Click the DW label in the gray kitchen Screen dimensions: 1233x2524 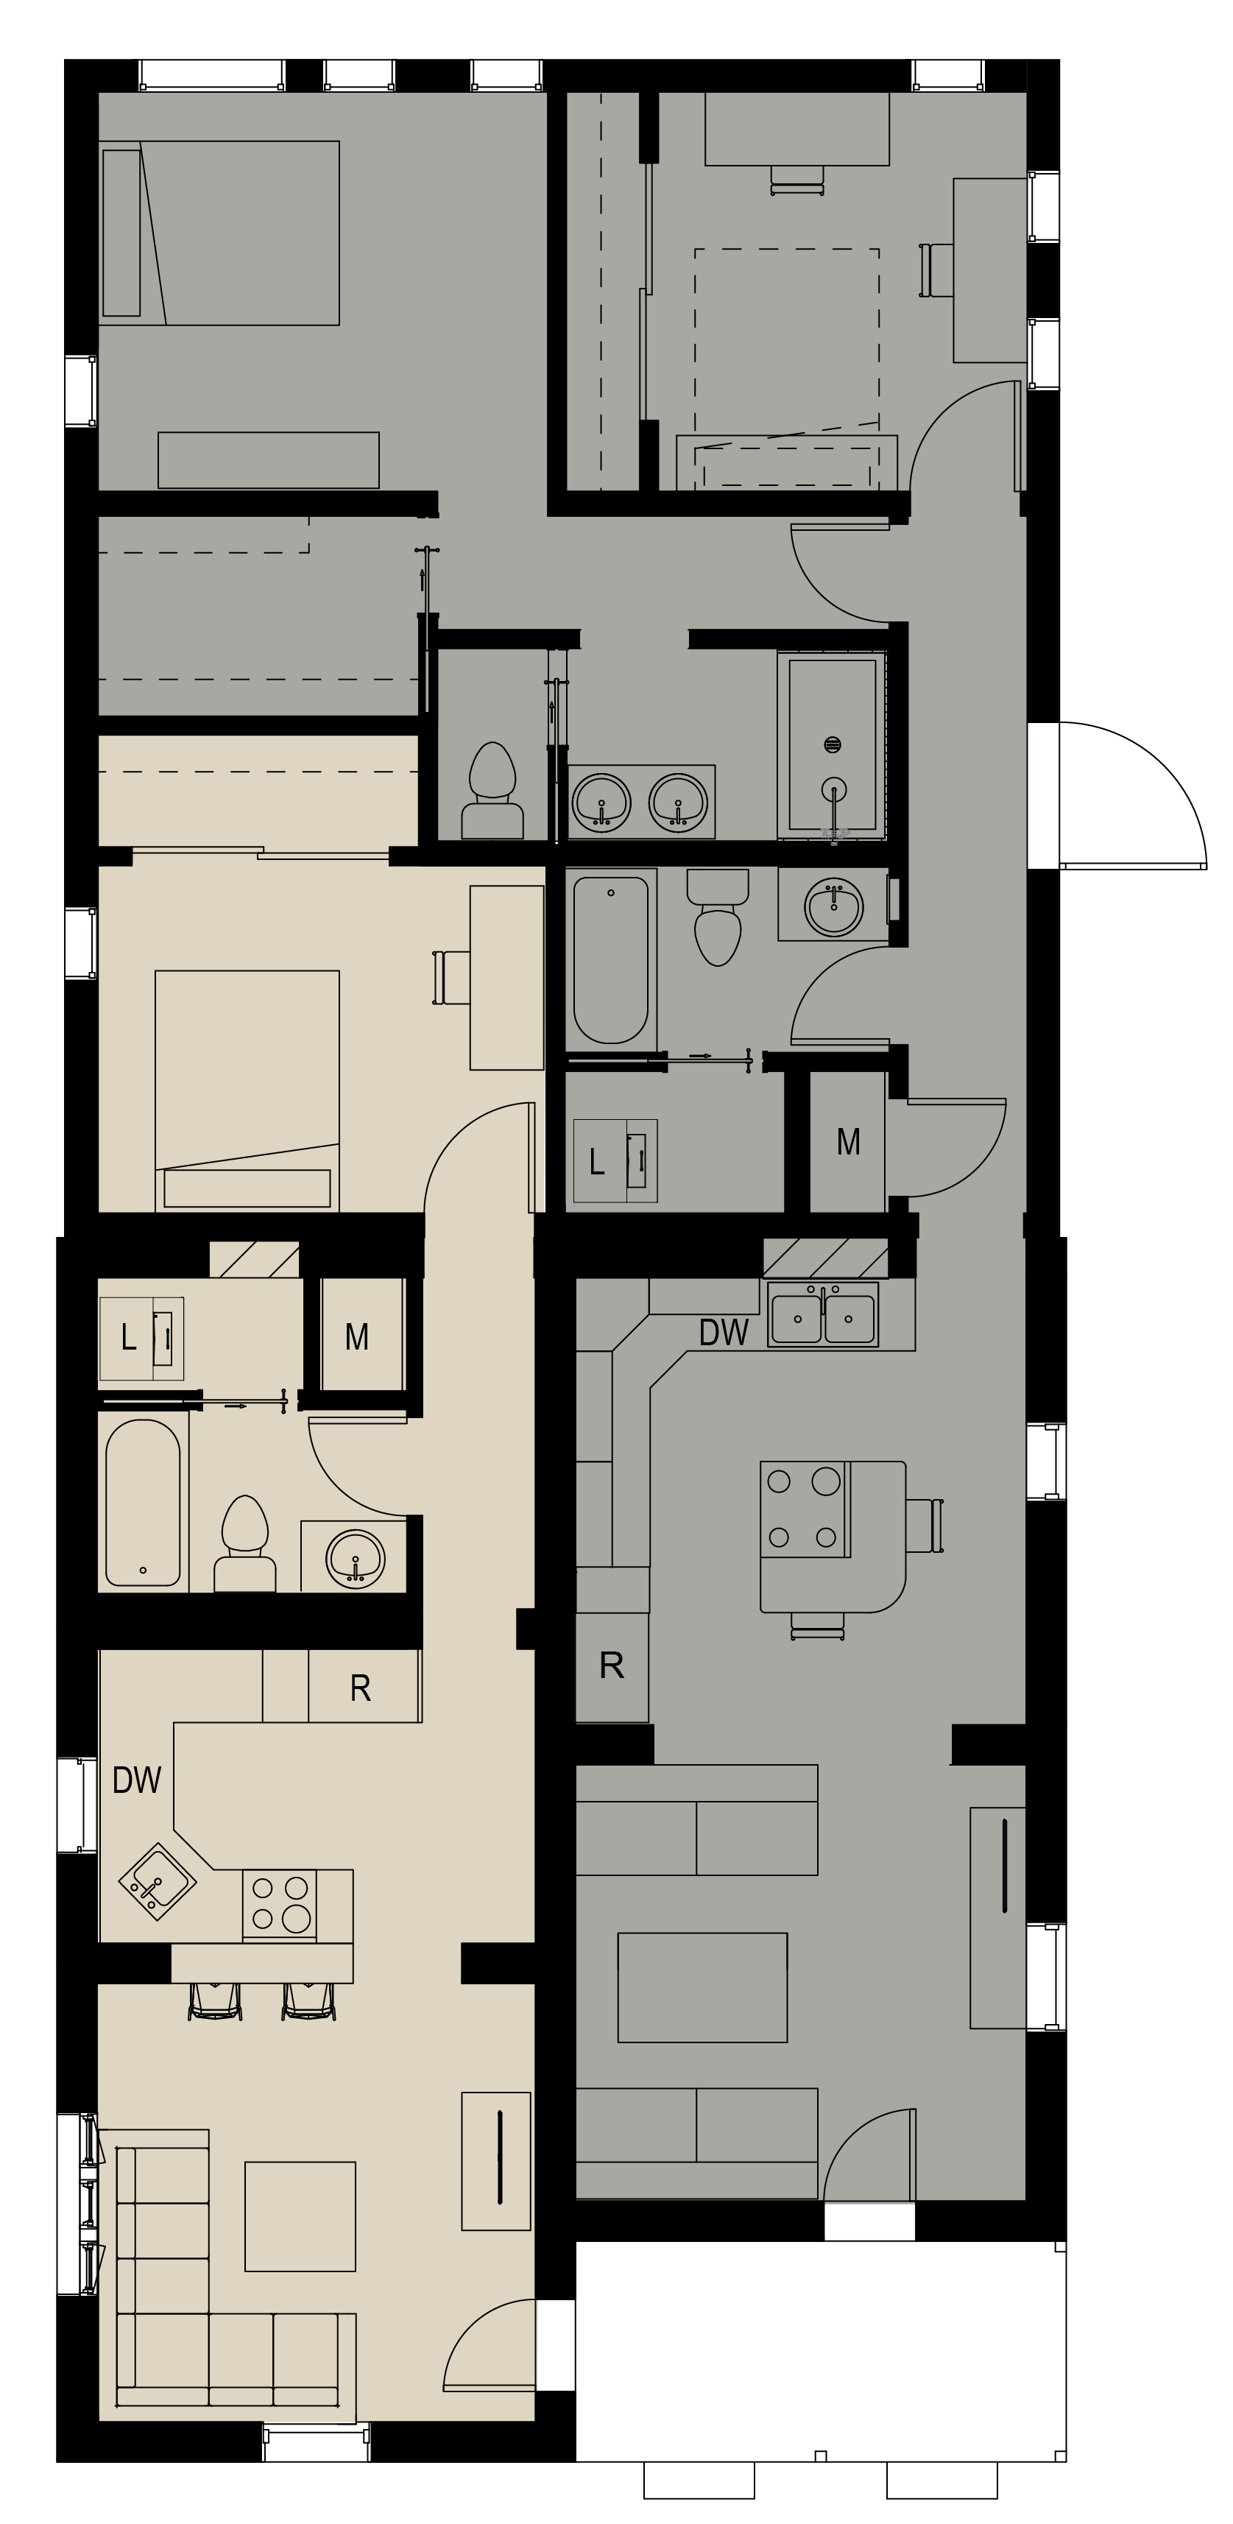coord(724,1333)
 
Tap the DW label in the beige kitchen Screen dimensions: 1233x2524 coord(137,1780)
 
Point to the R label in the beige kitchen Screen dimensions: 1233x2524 coord(361,1688)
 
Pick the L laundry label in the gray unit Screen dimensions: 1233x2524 coord(596,1162)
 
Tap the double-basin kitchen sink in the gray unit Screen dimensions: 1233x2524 coord(823,1314)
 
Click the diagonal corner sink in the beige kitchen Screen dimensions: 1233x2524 coord(157,1881)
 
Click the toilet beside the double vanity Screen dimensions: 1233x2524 coord(492,791)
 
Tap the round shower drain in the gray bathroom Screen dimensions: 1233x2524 coord(833,744)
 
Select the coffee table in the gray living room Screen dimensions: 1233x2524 coord(702,1988)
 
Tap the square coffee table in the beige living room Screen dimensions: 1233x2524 coord(300,2216)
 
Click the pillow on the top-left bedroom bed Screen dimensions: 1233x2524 coord(121,233)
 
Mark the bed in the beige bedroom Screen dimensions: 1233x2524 coord(247,1091)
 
